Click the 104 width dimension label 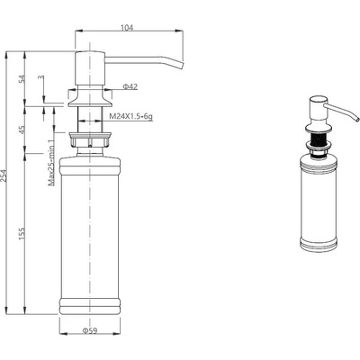(127, 28)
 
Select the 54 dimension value (22, 79)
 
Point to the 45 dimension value (22, 129)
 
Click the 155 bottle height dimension (22, 233)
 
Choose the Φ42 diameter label (130, 87)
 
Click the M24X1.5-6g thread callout (130, 116)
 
